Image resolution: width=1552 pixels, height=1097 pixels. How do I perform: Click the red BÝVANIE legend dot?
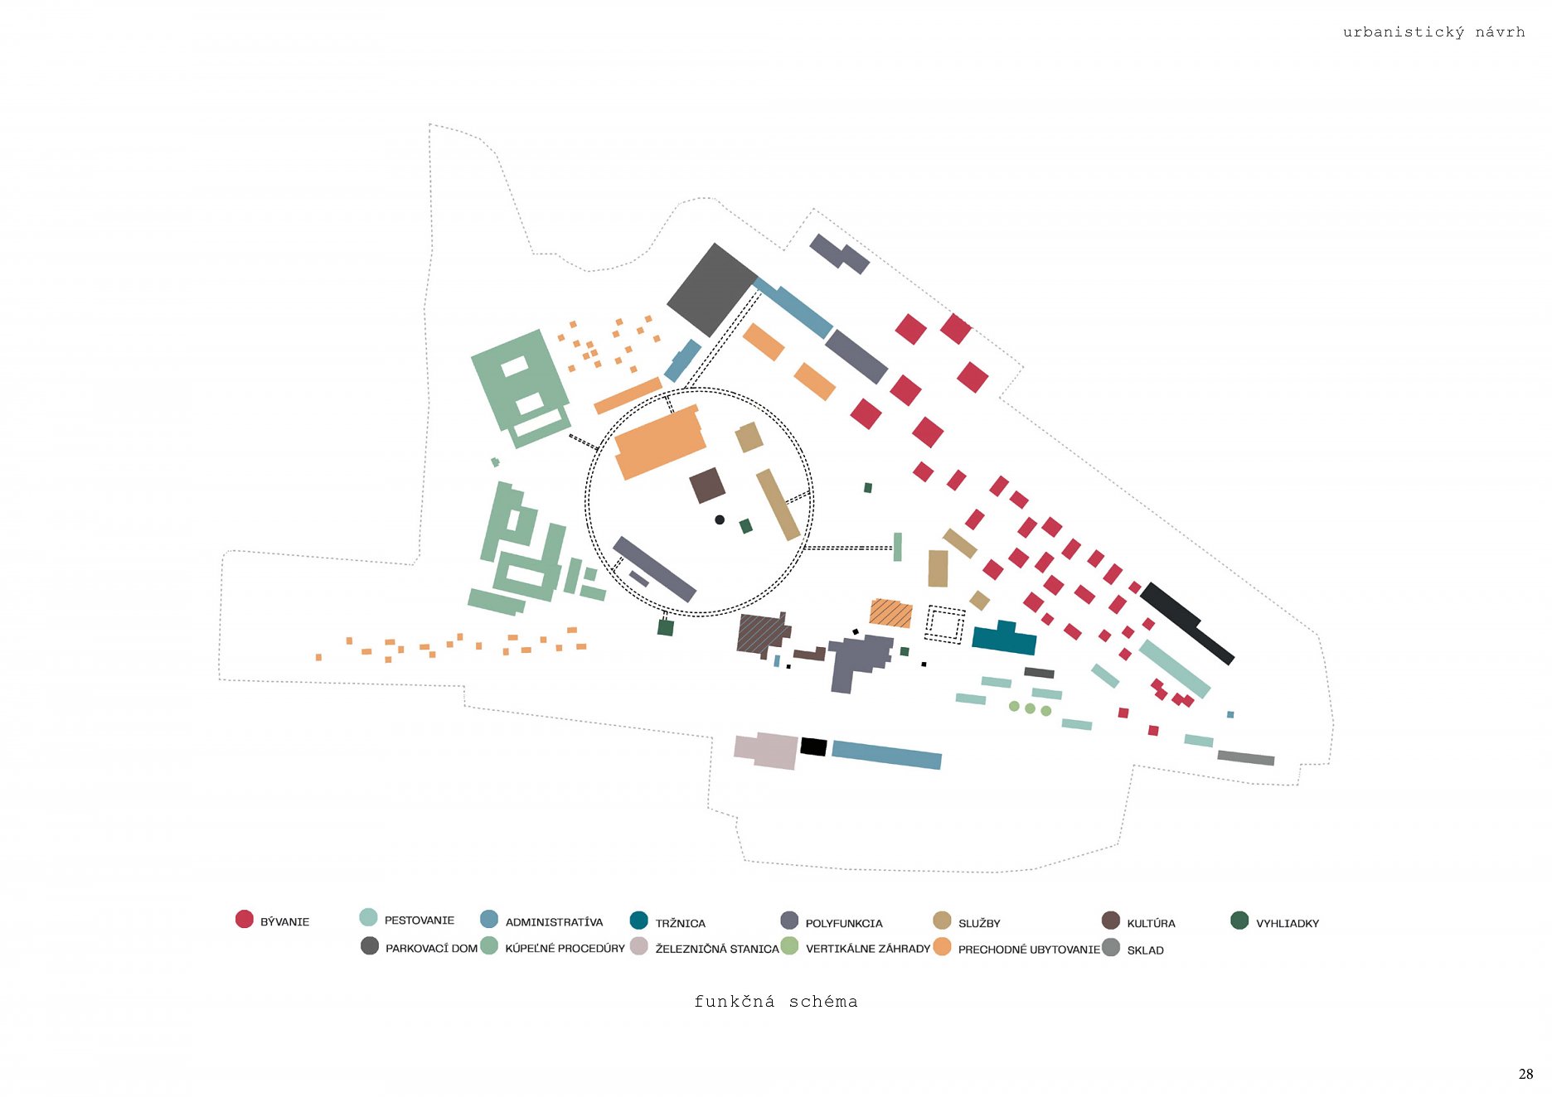pyautogui.click(x=244, y=919)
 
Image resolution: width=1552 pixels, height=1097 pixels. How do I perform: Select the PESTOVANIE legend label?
pyautogui.click(x=419, y=920)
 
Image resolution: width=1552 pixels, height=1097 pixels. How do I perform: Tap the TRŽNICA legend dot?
pyautogui.click(x=638, y=921)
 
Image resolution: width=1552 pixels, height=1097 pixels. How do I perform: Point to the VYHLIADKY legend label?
pyautogui.click(x=1287, y=923)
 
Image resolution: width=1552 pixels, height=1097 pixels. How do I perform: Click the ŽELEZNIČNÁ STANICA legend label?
pyautogui.click(x=716, y=949)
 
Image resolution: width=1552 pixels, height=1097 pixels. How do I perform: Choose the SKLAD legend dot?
pyautogui.click(x=1111, y=947)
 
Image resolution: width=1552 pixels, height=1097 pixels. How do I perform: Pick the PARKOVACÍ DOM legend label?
pyautogui.click(x=431, y=948)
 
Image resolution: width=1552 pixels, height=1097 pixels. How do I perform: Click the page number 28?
pyautogui.click(x=1525, y=1074)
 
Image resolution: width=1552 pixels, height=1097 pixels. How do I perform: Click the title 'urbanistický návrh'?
pyautogui.click(x=1433, y=32)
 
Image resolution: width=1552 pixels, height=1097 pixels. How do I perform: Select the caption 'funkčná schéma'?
pyautogui.click(x=775, y=1001)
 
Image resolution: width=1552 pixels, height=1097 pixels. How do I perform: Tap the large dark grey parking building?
pyautogui.click(x=711, y=289)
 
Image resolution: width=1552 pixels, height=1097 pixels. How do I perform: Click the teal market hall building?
pyautogui.click(x=1004, y=639)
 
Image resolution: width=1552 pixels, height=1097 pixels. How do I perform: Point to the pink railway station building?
pyautogui.click(x=766, y=750)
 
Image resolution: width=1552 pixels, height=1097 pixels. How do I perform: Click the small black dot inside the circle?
pyautogui.click(x=720, y=520)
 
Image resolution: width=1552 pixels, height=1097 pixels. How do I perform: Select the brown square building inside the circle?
pyautogui.click(x=707, y=485)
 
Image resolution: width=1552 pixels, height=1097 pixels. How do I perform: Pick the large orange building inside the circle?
pyautogui.click(x=659, y=443)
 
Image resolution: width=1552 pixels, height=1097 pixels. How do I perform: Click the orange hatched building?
pyautogui.click(x=890, y=613)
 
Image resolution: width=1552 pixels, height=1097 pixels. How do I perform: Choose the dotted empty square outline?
pyautogui.click(x=945, y=624)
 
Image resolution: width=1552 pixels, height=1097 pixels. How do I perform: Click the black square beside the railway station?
pyautogui.click(x=813, y=747)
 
